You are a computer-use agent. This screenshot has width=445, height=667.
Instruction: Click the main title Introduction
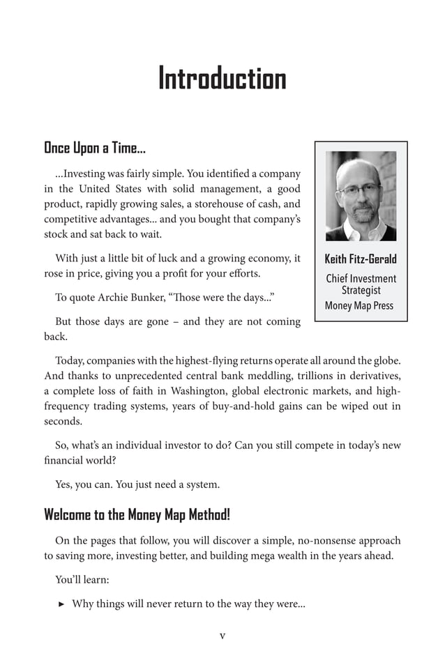pos(222,78)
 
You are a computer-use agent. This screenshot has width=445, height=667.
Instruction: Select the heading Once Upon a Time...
pos(94,148)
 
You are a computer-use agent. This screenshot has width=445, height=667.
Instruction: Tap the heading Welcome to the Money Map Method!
pos(137,515)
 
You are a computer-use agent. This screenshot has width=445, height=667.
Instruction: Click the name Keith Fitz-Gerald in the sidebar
pos(361,259)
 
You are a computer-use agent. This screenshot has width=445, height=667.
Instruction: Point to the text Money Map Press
pos(359,305)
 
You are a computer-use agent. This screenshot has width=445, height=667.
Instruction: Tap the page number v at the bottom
pos(222,635)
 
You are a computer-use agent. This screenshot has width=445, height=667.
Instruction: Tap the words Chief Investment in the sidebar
pos(361,279)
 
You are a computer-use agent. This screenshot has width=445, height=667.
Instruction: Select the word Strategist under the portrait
pos(361,291)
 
